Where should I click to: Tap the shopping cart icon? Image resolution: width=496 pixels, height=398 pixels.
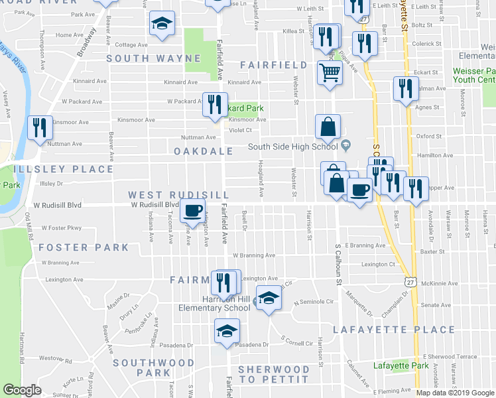tap(329, 74)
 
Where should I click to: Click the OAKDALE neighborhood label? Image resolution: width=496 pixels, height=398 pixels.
tap(204, 151)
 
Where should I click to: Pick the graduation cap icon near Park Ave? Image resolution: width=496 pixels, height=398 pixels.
tap(161, 25)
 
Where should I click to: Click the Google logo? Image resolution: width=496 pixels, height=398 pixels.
tap(22, 390)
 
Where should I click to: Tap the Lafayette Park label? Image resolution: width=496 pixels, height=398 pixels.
tap(401, 365)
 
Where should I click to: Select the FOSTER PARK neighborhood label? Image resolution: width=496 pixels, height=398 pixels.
tap(84, 247)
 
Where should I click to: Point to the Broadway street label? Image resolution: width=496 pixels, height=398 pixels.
tap(86, 46)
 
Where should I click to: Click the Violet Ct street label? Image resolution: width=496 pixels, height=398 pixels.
tap(241, 130)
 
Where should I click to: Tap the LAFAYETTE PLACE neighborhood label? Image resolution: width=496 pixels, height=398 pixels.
tap(394, 330)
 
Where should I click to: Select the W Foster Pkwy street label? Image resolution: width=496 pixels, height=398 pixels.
tap(61, 228)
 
